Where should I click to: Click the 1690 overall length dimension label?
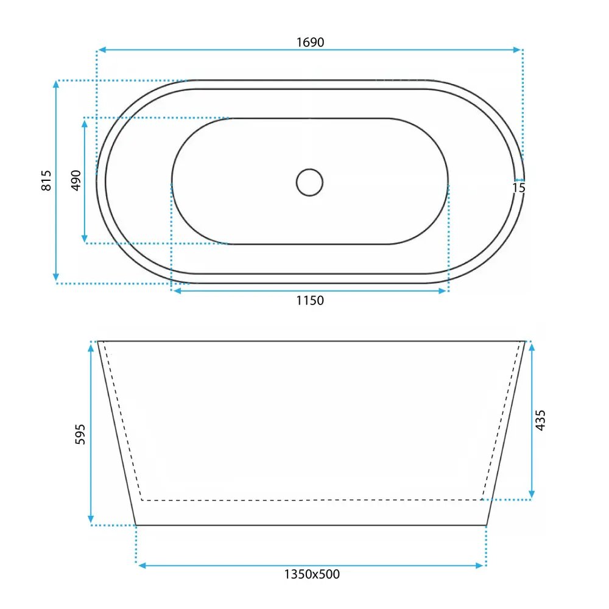pos(311,42)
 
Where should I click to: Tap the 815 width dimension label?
pos(46,180)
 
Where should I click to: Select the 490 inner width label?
pos(76,180)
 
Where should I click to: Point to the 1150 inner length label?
pos(310,300)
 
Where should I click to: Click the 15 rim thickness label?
pos(519,188)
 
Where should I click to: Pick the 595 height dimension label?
pos(80,434)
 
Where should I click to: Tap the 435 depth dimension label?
pos(540,420)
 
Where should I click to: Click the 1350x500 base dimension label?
pos(312,574)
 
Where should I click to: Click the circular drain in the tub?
pos(309,182)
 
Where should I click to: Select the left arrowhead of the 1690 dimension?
pos(102,50)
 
